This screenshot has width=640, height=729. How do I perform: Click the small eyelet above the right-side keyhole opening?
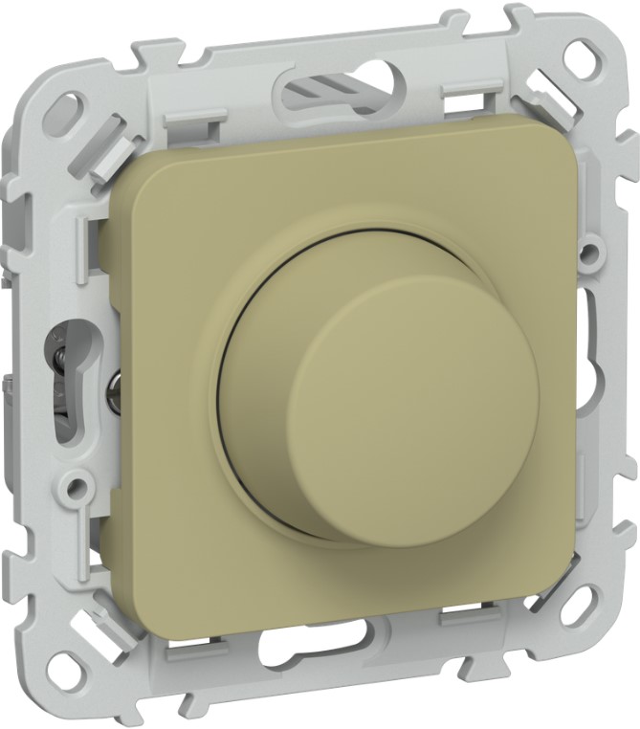591,254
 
